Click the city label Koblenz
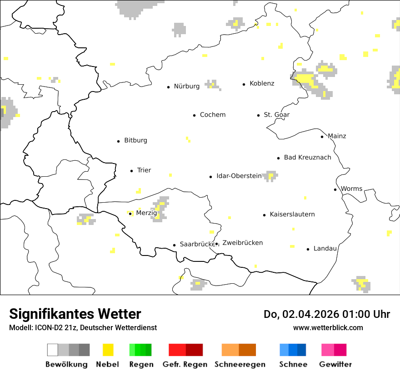pos(262,83)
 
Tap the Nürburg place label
pos(186,86)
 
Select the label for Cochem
pos(212,115)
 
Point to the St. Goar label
pos(276,115)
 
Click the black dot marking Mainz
pos(322,137)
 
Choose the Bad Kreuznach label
pos(307,157)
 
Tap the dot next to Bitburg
pos(119,141)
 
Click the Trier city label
pos(144,170)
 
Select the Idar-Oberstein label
pos(239,176)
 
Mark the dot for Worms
pos(335,189)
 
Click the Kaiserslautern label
pos(292,214)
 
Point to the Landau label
pos(325,248)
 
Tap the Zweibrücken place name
pos(242,243)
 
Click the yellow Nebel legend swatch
pos(108,350)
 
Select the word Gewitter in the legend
pos(335,364)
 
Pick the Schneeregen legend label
pos(240,364)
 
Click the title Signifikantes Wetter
pos(75,314)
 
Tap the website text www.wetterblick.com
pos(328,327)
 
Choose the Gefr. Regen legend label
pos(185,364)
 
